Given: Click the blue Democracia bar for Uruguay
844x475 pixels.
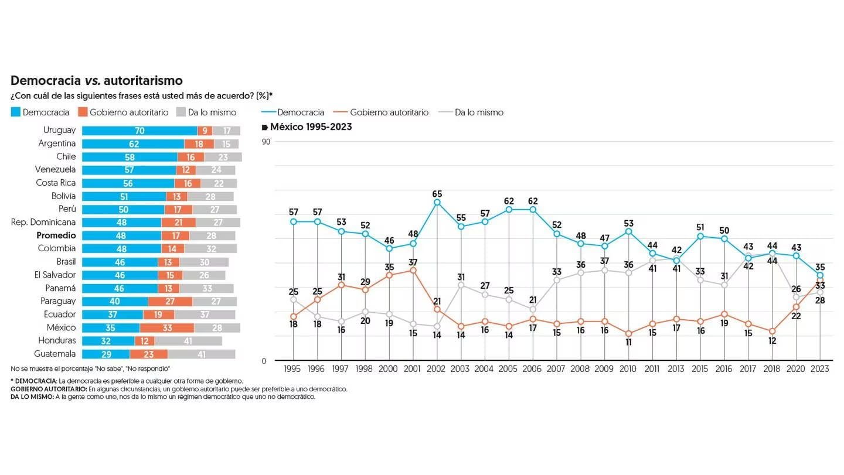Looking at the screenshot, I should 139,131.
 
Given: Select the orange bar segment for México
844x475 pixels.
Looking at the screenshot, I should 166,327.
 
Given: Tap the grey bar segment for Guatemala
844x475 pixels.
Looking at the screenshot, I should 201,354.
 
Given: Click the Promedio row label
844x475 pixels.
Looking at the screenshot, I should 56,235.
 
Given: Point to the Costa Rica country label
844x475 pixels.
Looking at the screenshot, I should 56,183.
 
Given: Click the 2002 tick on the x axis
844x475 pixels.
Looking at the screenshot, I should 437,369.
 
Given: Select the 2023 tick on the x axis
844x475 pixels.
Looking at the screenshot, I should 820,369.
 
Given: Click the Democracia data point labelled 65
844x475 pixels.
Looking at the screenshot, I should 437,203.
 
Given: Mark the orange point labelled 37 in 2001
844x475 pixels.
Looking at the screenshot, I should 413,271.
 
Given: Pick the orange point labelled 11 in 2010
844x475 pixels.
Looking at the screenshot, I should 628,334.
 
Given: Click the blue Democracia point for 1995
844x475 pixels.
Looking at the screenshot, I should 293,222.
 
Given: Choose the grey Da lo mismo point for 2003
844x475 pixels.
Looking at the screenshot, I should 461,285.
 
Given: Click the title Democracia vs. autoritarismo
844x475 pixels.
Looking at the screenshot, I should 97,80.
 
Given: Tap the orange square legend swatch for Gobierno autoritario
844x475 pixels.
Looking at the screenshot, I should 83,112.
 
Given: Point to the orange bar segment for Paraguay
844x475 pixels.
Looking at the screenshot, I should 170,301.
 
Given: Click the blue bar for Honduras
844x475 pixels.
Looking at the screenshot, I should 108,341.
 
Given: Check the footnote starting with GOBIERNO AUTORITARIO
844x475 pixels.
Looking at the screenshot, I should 179,389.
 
